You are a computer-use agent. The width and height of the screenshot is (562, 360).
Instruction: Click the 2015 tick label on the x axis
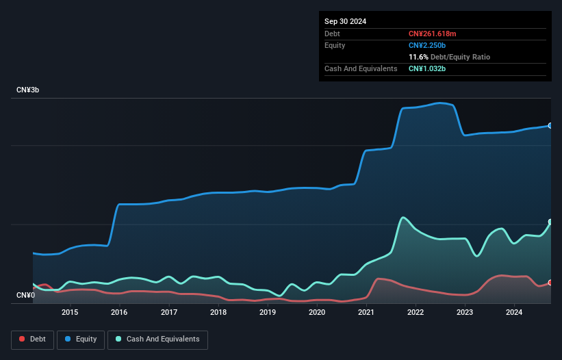tap(70, 312)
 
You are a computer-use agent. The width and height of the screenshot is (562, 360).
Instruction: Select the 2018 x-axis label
tap(218, 312)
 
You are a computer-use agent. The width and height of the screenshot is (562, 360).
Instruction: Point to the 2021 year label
tap(366, 312)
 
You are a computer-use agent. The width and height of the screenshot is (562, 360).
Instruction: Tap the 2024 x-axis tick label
tap(515, 312)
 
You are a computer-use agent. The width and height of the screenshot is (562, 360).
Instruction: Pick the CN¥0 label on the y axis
tap(26, 295)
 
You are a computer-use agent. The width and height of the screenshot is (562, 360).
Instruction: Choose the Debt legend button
tap(33, 339)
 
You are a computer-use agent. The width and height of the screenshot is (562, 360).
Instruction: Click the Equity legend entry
tap(81, 339)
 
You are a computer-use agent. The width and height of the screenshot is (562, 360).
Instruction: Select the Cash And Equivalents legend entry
tap(157, 339)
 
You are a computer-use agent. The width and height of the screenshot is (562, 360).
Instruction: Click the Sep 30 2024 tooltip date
tap(345, 21)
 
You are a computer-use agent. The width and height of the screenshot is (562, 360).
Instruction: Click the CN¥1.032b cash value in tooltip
tap(429, 68)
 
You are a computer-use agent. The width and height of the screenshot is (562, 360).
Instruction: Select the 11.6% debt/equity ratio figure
tap(419, 57)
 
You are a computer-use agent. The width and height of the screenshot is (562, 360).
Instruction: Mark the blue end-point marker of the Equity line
tap(550, 126)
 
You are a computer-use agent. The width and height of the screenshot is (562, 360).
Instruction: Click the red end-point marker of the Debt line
tap(550, 283)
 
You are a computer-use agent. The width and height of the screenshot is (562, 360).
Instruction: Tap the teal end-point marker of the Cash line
tap(550, 222)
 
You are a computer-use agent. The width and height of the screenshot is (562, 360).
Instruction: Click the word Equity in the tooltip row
tap(335, 45)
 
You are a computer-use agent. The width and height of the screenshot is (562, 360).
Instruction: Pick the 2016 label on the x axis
tap(119, 312)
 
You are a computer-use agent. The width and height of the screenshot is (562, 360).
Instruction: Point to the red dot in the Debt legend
tap(23, 339)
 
